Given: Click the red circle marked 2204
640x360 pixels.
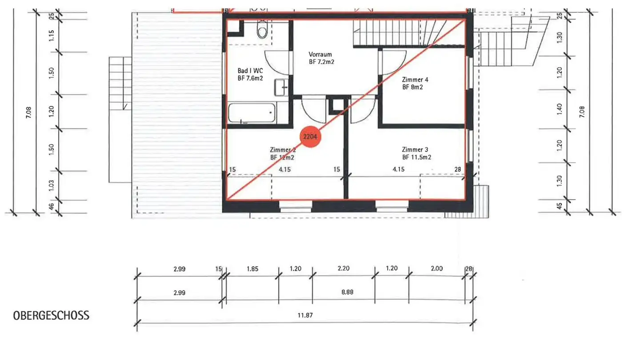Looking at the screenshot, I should click(x=310, y=137).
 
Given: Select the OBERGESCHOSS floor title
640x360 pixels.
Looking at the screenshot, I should click(x=51, y=316).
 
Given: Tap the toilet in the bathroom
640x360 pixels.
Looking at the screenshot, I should click(x=262, y=31).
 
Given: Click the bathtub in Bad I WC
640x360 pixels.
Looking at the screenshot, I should click(x=252, y=113).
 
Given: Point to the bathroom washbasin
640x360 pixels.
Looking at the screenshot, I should click(x=281, y=87).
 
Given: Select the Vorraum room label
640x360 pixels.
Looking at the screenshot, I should click(x=320, y=55).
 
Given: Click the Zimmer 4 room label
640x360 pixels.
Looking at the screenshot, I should click(x=415, y=80).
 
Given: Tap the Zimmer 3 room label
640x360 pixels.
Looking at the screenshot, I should click(x=415, y=150).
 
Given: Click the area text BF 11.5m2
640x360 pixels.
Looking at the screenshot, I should click(x=416, y=157).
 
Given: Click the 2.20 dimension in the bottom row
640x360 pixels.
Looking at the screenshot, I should click(x=343, y=269).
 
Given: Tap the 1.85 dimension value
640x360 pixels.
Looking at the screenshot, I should click(x=252, y=269).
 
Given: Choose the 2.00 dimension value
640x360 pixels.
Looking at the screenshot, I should click(x=436, y=269).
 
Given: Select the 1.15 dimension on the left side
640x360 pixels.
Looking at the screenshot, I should click(x=51, y=36).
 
